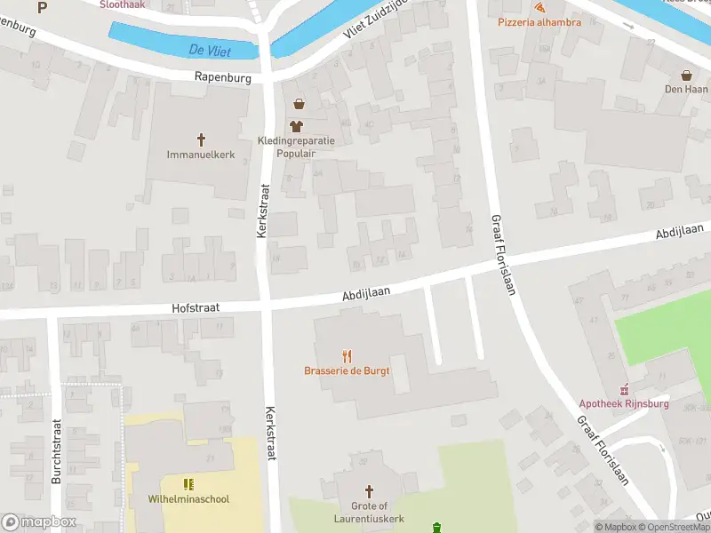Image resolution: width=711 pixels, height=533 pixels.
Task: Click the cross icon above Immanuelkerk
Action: coord(201,139)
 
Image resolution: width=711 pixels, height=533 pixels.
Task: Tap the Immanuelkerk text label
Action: coord(201,155)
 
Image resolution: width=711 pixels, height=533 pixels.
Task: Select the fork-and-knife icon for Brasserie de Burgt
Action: coord(347,356)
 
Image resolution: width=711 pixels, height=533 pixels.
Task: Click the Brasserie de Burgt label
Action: coord(347,371)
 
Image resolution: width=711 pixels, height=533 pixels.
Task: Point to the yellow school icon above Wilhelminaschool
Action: coord(188,484)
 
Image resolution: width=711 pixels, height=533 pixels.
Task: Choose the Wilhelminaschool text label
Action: coord(188,499)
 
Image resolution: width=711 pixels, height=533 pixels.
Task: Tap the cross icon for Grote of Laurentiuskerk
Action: coord(370,490)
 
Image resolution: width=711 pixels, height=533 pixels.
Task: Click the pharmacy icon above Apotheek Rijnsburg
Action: coord(625,388)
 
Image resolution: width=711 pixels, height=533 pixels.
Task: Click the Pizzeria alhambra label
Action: coord(539,21)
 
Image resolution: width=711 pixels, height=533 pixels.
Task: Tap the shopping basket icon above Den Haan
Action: coord(686,75)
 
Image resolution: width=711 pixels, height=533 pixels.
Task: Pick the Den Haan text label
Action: coord(686,89)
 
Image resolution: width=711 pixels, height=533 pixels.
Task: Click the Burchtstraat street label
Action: coord(56,450)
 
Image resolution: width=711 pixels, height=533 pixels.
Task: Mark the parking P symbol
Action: coord(42,7)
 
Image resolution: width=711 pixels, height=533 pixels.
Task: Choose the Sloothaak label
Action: coord(123,4)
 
